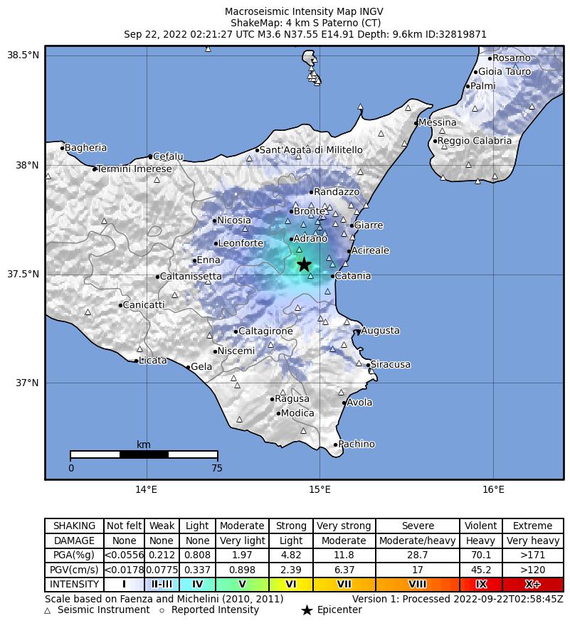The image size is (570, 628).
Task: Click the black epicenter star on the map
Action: coord(304,265)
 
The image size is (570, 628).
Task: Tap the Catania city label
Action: coord(353,276)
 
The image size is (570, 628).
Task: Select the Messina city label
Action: coord(438,123)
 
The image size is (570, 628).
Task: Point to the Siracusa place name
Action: coord(391,365)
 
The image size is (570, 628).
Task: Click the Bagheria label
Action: coord(85,148)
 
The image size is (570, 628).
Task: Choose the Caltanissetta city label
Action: coord(191,276)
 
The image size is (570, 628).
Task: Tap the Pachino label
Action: coord(357,445)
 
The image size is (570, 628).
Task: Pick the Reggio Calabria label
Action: coord(475,141)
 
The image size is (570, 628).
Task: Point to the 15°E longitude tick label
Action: coord(320,489)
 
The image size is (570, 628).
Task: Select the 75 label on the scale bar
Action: coord(217,468)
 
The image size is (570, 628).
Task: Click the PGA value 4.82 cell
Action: coord(291,555)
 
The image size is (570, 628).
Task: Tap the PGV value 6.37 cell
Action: coord(344,570)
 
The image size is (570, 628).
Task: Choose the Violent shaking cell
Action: coord(480,526)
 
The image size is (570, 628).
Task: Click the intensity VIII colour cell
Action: coord(417,585)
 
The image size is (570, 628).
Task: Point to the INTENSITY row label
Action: coord(74,585)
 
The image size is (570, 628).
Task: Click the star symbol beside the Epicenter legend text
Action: coord(307,610)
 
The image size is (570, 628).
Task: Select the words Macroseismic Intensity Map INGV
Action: coord(285,11)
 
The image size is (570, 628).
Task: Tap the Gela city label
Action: coord(202,367)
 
